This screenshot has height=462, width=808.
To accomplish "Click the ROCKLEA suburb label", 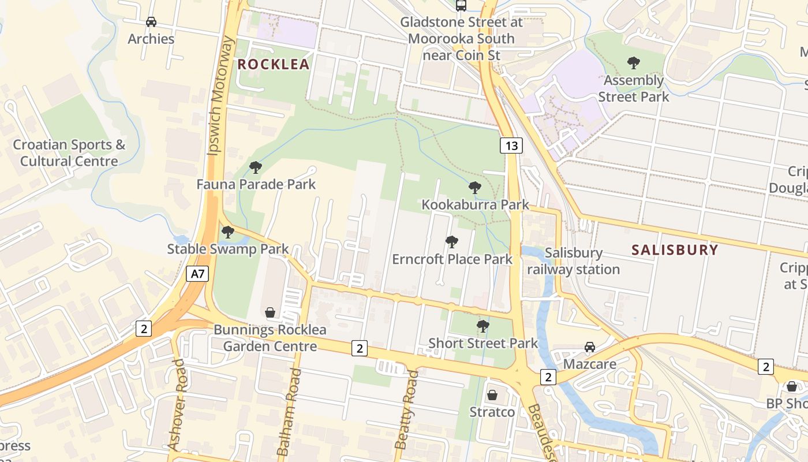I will [274, 64].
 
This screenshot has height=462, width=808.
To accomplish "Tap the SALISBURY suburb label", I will [675, 250].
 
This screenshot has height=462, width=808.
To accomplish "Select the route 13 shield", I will [511, 146].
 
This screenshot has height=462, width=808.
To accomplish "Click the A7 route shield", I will [197, 274].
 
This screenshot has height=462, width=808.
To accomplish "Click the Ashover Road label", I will [176, 404].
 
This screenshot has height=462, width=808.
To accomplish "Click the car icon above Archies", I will [151, 22].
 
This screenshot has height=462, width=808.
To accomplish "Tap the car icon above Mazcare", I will [590, 347].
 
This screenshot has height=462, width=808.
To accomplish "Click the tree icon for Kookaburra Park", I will [475, 187].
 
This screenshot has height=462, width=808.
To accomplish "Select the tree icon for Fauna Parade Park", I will [256, 167].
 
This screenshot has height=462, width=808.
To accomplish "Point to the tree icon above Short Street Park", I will [483, 326].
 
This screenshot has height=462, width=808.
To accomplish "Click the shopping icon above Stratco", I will [492, 396].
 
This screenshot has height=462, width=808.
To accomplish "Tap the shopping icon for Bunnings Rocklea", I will [270, 313].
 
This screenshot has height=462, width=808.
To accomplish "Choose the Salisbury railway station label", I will [573, 261].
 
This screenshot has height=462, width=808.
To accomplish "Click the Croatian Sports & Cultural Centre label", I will [69, 153].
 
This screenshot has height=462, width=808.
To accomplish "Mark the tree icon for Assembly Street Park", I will [633, 62].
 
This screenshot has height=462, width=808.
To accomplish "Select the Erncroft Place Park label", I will [452, 259].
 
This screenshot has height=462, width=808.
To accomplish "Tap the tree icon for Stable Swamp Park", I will [228, 232].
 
